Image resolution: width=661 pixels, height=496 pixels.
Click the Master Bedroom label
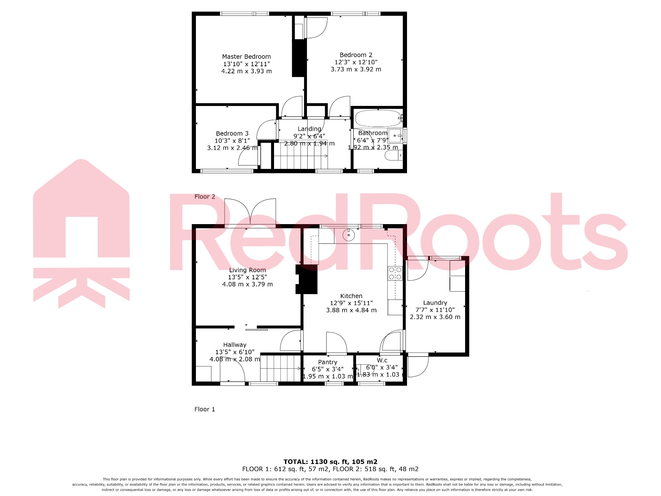point(246,57)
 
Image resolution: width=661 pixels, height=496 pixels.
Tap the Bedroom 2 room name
point(356,55)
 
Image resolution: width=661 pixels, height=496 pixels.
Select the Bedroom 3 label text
point(232,133)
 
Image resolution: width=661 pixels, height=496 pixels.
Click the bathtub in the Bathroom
point(378,119)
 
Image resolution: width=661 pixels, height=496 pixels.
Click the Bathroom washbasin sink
point(395,136)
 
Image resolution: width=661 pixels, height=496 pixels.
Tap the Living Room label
point(247,270)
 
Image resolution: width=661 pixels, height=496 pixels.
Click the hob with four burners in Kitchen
point(395,273)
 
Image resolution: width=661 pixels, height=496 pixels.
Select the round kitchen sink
point(349,235)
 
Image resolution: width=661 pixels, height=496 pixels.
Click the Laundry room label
point(435,303)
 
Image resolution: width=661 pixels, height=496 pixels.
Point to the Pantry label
point(327,362)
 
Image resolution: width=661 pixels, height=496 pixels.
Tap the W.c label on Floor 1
point(382,360)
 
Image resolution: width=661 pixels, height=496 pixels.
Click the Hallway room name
point(235,345)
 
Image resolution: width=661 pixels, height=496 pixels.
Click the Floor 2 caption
point(205,197)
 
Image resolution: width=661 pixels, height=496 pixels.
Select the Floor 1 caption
point(205,409)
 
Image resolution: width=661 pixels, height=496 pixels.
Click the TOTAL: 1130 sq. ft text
point(330,461)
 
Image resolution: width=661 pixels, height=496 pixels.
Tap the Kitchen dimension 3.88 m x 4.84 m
point(351,310)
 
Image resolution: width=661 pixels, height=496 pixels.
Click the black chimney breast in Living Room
point(307,279)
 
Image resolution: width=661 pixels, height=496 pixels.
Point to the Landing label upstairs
point(309,129)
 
